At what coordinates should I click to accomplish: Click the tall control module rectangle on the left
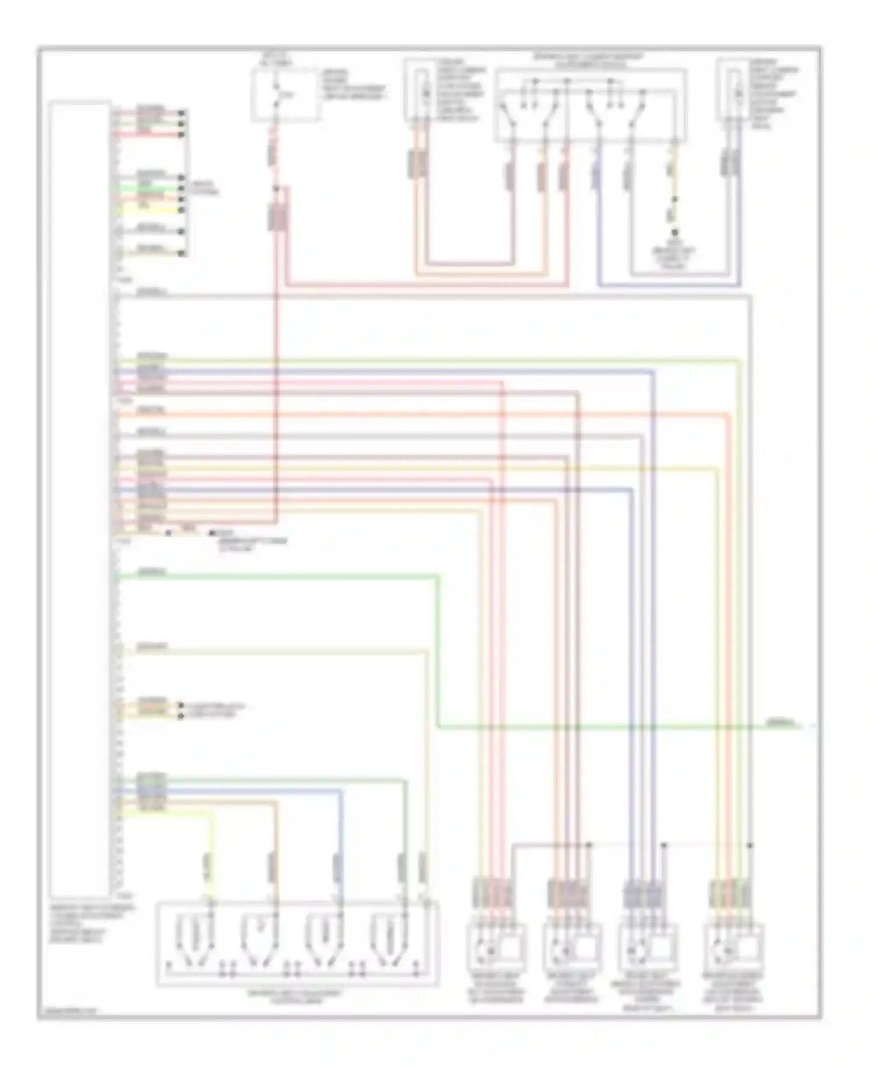[x=80, y=499]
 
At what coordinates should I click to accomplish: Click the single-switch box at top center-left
[x=285, y=95]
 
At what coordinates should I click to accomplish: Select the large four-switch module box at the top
[x=590, y=106]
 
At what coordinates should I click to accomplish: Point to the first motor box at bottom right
[x=496, y=947]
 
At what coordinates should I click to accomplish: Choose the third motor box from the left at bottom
[x=647, y=947]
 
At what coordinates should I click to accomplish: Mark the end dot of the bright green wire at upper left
[x=182, y=189]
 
